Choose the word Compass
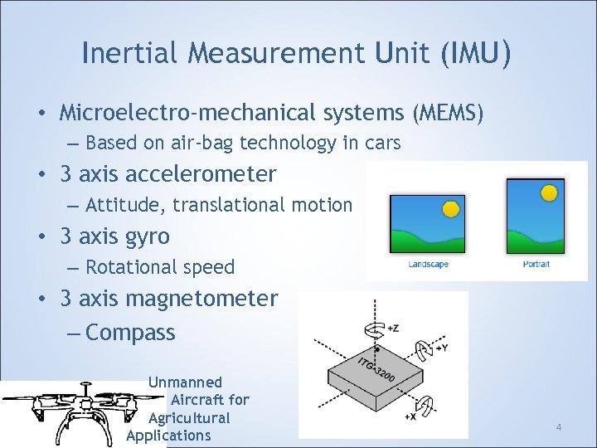(x=130, y=333)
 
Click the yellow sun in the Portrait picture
(x=548, y=193)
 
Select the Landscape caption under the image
(x=429, y=265)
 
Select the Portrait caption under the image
(x=536, y=265)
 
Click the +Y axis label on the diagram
(x=441, y=348)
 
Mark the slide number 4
(x=558, y=427)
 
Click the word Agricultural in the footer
(x=189, y=417)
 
